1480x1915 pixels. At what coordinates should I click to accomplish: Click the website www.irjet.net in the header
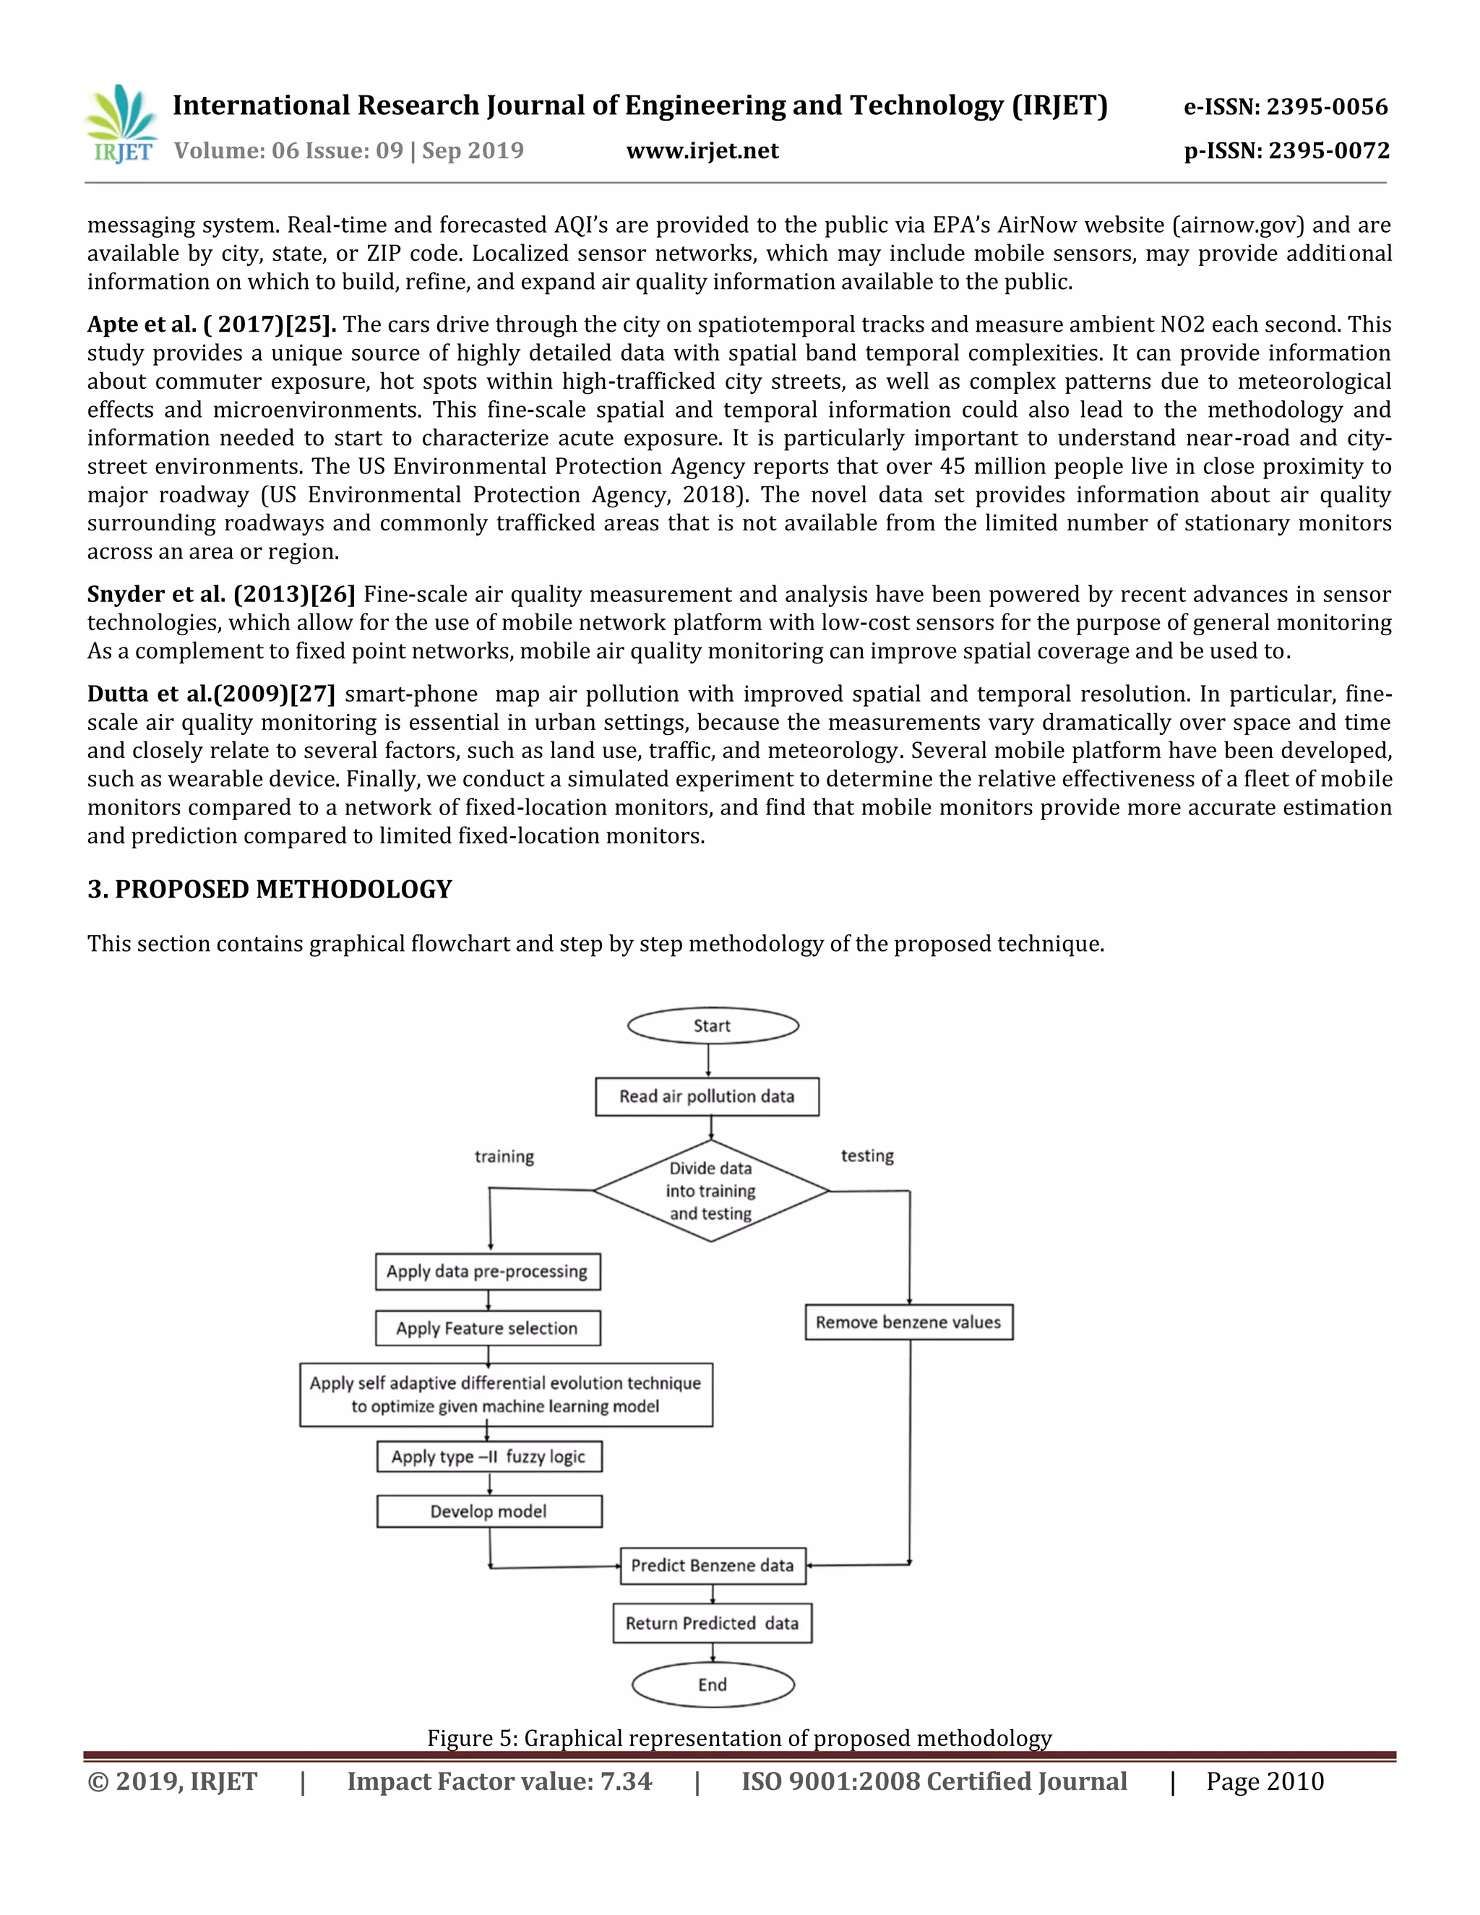pyautogui.click(x=702, y=152)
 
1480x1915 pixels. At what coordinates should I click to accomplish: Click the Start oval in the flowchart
pyautogui.click(x=713, y=1026)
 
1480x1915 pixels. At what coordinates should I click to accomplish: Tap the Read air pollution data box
pyautogui.click(x=707, y=1097)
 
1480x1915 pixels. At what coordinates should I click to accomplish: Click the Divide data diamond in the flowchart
pyautogui.click(x=711, y=1191)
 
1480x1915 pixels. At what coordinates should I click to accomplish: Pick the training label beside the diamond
pyautogui.click(x=504, y=1156)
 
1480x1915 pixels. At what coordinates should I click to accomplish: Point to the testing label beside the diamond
pyautogui.click(x=867, y=1156)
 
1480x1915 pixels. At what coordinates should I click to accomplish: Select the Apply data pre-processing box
pyautogui.click(x=488, y=1271)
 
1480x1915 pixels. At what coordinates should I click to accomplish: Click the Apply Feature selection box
pyautogui.click(x=488, y=1328)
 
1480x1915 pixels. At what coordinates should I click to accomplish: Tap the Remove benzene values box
pyautogui.click(x=908, y=1322)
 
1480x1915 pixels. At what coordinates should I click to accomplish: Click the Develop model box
pyautogui.click(x=489, y=1512)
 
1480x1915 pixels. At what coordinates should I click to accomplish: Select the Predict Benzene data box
pyautogui.click(x=713, y=1566)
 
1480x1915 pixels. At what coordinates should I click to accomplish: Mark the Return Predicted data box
pyautogui.click(x=712, y=1624)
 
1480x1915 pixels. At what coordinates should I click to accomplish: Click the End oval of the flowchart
pyautogui.click(x=713, y=1685)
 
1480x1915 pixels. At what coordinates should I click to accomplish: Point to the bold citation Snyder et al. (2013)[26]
pyautogui.click(x=221, y=595)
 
